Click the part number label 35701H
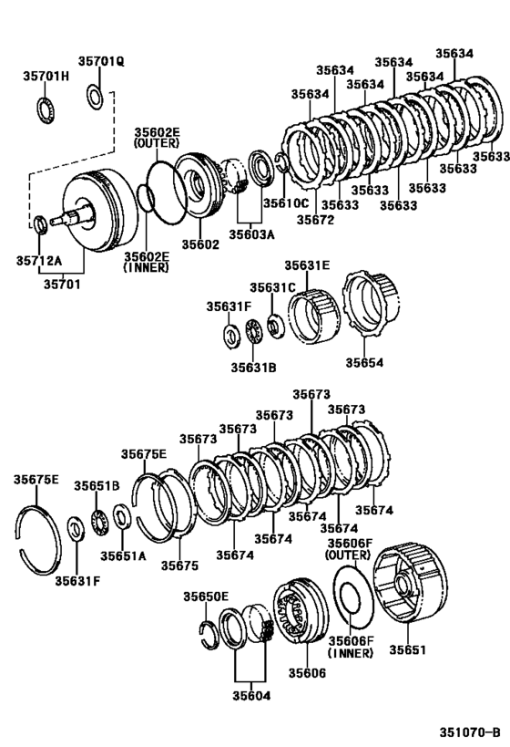46,77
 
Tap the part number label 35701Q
100,61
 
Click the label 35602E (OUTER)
158,139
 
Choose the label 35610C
286,202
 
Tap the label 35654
364,362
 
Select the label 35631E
306,265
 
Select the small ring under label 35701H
45,109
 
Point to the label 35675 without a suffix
178,565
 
